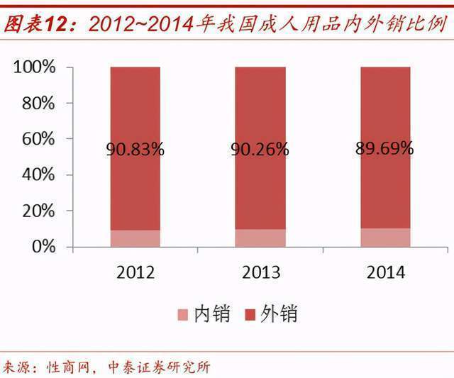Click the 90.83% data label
tap(135, 149)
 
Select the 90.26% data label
tap(260, 149)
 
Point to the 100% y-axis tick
tap(33, 67)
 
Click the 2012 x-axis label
tap(135, 272)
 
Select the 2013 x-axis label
tap(260, 272)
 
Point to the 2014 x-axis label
tap(385, 272)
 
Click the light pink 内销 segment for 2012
tap(135, 238)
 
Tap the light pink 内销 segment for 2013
tap(260, 238)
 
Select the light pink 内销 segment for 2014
tap(385, 237)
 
